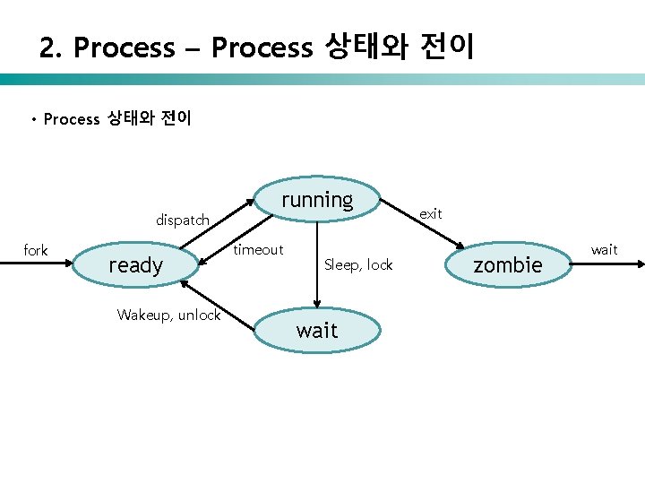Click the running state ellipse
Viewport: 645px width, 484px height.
[317, 200]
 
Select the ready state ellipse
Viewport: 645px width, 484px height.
[135, 264]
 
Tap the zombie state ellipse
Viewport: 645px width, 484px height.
[508, 264]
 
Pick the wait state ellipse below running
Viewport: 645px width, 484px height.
[317, 330]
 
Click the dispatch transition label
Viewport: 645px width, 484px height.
[183, 220]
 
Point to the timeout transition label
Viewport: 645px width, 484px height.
[258, 250]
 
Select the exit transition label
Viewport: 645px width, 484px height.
[431, 213]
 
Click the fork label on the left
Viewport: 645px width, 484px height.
[36, 250]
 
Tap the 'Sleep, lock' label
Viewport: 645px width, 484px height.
[358, 264]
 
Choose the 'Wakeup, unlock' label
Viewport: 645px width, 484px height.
[168, 315]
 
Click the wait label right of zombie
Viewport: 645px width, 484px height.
[604, 249]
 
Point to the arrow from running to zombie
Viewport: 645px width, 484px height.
[422, 228]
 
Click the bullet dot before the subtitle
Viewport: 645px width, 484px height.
[32, 119]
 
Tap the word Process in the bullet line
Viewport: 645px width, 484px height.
[72, 119]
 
